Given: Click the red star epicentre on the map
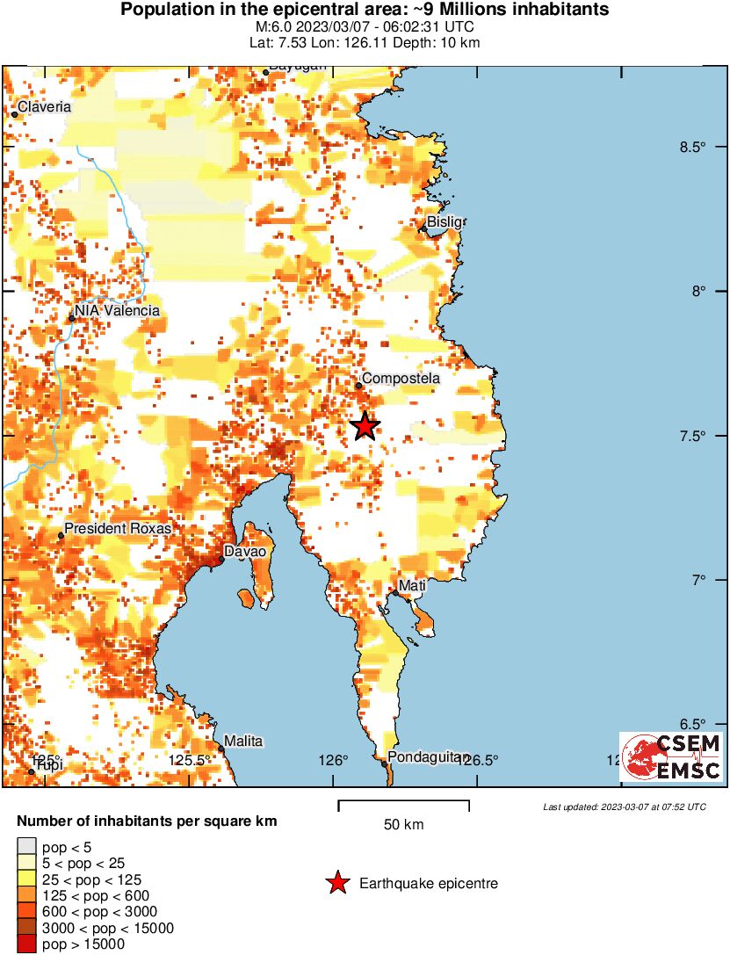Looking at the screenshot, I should click(x=365, y=426).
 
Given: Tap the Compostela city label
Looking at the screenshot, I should click(x=401, y=379).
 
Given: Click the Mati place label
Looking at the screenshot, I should click(x=412, y=585).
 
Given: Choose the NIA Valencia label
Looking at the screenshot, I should click(x=118, y=311).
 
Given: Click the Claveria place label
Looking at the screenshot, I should click(x=45, y=106).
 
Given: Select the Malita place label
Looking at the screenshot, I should click(x=243, y=741).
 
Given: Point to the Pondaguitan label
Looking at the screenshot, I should click(x=423, y=756).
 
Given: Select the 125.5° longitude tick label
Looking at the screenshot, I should click(x=191, y=760).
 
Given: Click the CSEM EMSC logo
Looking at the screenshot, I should click(x=671, y=757).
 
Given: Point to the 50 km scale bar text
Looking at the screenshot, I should click(x=403, y=824).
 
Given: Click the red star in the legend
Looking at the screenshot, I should click(x=337, y=883).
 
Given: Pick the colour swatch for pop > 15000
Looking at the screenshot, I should click(x=27, y=944).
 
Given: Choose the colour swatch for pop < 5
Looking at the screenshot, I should click(x=27, y=848).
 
